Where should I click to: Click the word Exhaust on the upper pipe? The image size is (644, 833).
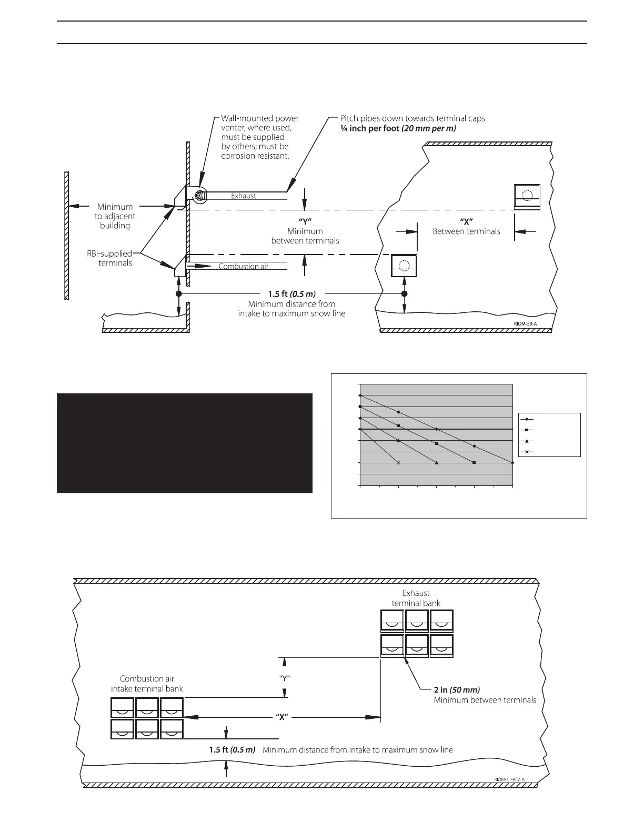(x=244, y=196)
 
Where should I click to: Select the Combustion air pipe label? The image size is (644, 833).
(x=244, y=267)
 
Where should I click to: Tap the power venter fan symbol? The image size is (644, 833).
(x=199, y=196)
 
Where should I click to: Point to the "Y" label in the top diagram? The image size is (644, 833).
(x=305, y=221)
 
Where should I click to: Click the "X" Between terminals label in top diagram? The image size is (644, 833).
(x=466, y=226)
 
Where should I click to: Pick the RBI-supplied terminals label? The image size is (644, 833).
(x=109, y=258)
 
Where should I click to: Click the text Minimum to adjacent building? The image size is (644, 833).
(x=115, y=216)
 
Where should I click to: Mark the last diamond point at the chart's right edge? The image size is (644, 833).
(x=512, y=463)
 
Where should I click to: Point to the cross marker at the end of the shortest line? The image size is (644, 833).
(x=398, y=463)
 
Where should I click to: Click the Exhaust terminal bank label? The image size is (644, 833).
(x=416, y=598)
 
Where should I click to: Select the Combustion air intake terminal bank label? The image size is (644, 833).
(x=147, y=684)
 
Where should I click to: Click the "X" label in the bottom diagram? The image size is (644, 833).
(x=281, y=717)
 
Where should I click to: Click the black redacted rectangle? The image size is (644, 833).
(x=184, y=443)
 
